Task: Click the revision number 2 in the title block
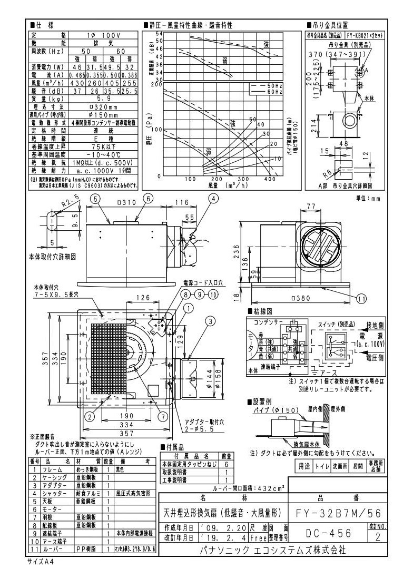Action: coord(378,536)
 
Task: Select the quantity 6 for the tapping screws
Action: coord(227,464)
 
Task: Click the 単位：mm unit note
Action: coord(369,198)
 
